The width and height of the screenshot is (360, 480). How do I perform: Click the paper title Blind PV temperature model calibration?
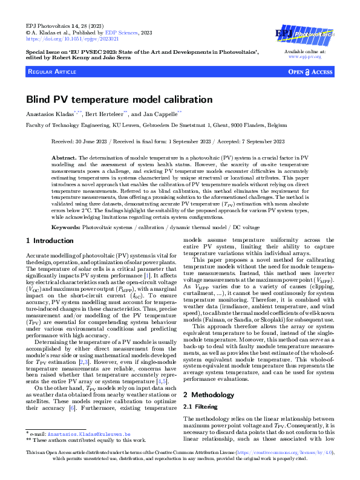(x=119, y=99)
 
